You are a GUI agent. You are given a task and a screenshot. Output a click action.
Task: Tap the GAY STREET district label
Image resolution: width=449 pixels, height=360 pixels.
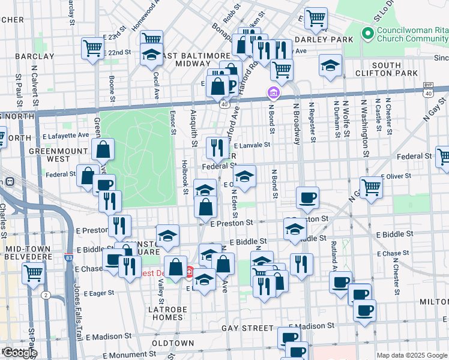click(247, 328)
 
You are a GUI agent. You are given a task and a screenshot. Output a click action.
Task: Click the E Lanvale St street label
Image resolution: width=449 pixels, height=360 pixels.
click(252, 145)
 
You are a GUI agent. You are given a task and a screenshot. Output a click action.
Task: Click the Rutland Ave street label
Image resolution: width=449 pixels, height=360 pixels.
click(333, 257)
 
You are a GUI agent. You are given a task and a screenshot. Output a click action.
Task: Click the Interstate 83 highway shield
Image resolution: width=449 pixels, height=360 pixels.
click(70, 259)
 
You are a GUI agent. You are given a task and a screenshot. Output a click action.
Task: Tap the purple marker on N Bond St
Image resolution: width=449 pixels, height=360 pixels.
click(273, 94)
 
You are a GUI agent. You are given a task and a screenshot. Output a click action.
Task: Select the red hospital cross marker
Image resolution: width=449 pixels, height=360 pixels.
click(190, 272)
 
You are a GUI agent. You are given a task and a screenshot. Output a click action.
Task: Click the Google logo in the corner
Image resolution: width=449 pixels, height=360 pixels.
click(19, 353)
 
